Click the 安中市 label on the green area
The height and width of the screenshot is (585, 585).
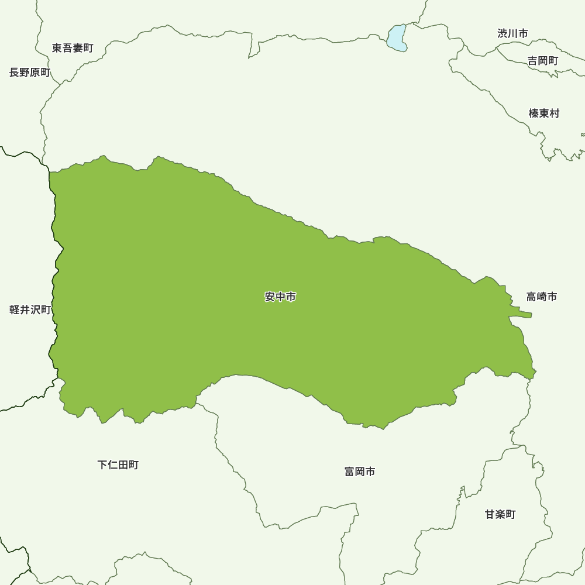280,297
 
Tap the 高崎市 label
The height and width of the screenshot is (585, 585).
541,297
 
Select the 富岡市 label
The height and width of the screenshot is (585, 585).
360,472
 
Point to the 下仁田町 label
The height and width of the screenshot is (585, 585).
118,465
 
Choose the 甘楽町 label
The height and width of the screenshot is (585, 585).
500,515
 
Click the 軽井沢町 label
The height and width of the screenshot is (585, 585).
30,310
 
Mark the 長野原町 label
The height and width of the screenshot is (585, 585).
30,73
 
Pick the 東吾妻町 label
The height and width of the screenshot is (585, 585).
73,48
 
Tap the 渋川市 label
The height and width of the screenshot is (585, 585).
512,33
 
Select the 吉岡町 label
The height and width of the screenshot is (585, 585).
543,61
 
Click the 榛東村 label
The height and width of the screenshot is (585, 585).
544,113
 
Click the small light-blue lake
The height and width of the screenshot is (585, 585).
396,37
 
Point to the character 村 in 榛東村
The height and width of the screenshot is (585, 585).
555,113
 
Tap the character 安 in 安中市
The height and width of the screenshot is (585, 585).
270,297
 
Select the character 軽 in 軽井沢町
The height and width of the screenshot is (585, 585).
15,310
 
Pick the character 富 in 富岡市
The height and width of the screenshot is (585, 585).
350,472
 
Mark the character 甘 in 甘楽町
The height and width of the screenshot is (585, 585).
490,515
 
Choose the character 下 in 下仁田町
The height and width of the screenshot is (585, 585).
102,465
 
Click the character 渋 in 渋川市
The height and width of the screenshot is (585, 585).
503,33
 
